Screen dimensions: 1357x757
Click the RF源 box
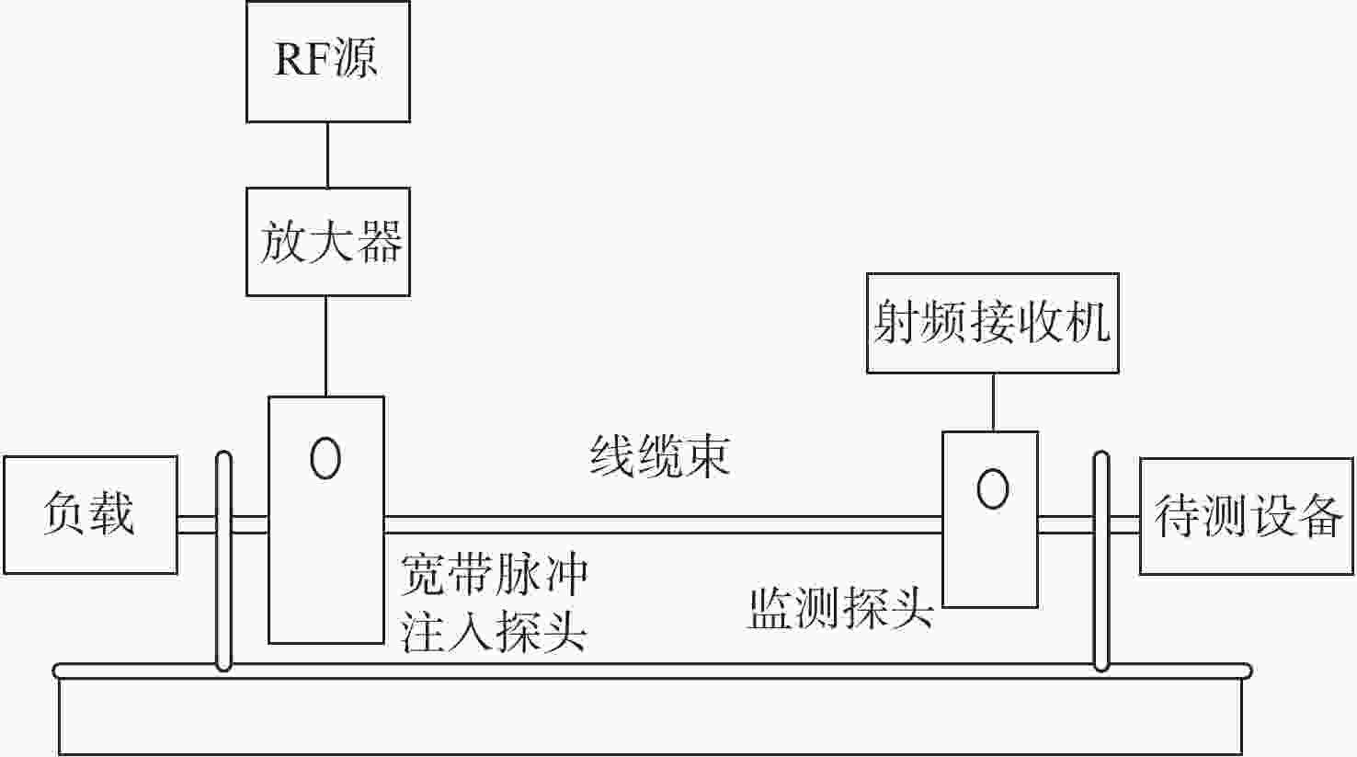click(328, 62)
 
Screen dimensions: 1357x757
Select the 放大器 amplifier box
click(328, 242)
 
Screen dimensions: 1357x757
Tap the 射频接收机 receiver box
click(993, 323)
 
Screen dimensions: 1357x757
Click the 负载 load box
click(90, 514)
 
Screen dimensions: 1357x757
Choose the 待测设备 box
click(1247, 516)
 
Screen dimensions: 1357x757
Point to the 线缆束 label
click(660, 456)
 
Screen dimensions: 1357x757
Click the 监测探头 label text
click(841, 607)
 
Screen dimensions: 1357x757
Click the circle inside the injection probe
click(325, 458)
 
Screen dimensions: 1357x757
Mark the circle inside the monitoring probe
click(993, 488)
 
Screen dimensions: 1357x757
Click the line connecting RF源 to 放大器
click(327, 155)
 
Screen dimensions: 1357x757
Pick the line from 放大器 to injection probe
click(326, 346)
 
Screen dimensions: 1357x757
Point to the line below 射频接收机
click(994, 403)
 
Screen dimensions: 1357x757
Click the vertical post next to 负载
click(224, 561)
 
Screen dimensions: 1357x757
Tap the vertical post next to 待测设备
click(1101, 561)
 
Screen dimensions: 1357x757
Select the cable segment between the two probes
click(664, 525)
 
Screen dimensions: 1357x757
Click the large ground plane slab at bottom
click(651, 709)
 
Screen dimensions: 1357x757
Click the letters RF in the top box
click(301, 59)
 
